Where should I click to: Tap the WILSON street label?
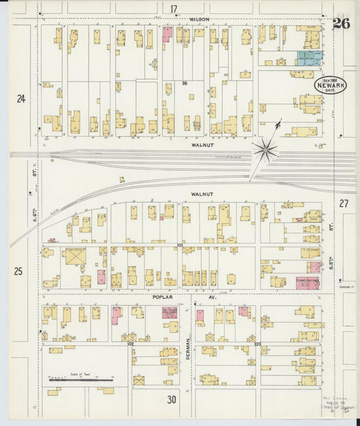click(199, 20)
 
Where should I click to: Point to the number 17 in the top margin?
click(174, 9)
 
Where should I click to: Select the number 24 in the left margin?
click(21, 99)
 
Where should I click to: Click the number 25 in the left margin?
click(18, 271)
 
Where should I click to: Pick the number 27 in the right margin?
click(344, 203)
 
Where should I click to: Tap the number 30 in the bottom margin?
click(172, 400)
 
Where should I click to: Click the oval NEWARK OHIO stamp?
click(330, 85)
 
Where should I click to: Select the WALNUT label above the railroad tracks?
click(201, 144)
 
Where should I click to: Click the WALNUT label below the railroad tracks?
click(201, 194)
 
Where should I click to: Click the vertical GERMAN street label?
click(188, 349)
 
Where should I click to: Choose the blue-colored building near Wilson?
click(310, 57)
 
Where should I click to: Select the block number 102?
click(131, 344)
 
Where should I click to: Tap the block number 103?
click(257, 344)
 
